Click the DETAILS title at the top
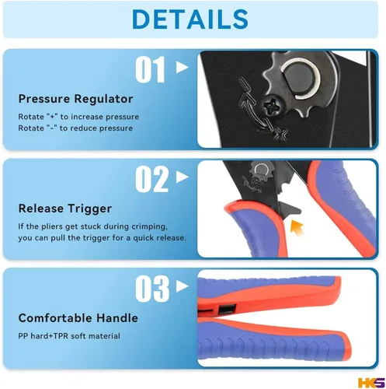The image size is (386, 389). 190,19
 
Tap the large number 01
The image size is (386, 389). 151,69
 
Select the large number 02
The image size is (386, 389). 152,179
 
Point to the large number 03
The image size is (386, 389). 152,289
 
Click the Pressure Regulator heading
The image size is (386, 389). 75,99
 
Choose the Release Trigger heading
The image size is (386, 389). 65,209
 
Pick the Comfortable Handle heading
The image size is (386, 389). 78,318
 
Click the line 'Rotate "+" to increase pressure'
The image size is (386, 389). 78,117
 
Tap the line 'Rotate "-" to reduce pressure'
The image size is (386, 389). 75,128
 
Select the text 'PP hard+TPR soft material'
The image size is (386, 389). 69,336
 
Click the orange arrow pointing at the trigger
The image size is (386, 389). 297,227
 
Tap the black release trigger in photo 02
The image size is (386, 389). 289,209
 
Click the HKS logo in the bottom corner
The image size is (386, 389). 371,383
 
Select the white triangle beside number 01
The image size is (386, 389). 183,67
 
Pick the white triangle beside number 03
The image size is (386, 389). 183,286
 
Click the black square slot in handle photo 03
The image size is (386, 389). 227,309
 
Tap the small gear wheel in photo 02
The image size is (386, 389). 262,171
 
